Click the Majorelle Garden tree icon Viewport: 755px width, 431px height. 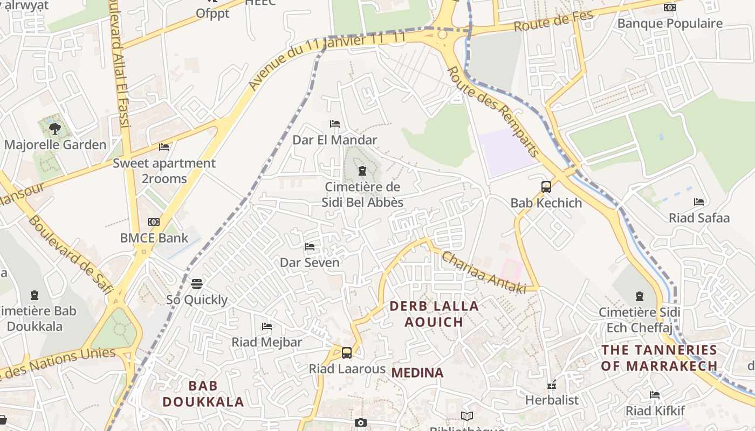(x=54, y=128)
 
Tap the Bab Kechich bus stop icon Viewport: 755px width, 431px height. (x=546, y=187)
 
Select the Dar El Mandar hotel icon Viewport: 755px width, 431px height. (x=335, y=124)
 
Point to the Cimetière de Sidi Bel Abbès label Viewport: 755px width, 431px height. (x=362, y=194)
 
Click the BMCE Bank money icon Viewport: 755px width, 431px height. (x=154, y=222)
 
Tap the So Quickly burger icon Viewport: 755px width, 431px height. (x=197, y=284)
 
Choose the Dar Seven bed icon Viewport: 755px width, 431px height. (x=310, y=247)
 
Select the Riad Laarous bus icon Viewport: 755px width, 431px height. (x=347, y=353)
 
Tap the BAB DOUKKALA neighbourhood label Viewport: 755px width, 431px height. (x=203, y=394)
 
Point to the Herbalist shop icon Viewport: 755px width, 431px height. (x=551, y=385)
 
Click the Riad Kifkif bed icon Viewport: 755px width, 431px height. (x=655, y=395)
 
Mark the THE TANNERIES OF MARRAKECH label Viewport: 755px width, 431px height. (x=659, y=358)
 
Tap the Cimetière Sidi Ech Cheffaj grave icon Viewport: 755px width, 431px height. (x=640, y=296)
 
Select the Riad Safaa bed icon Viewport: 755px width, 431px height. (x=699, y=202)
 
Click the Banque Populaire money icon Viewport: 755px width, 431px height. (x=670, y=8)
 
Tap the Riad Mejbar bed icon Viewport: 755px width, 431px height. (x=267, y=326)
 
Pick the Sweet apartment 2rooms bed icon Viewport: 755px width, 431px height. (x=164, y=147)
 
